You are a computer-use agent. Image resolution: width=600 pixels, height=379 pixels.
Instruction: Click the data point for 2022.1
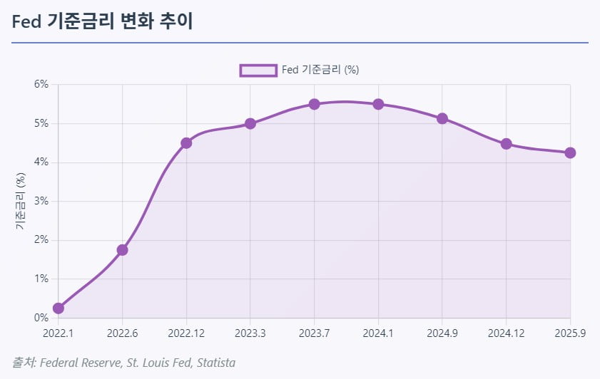pos(59,308)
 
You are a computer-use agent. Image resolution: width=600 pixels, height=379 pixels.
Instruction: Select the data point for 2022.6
pos(122,250)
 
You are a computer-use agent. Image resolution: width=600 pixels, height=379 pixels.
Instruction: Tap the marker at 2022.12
pos(186,142)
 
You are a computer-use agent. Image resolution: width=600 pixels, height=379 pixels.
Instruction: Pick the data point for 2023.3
pos(250,123)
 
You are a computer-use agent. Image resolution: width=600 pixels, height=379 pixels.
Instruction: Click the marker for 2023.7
pos(314,104)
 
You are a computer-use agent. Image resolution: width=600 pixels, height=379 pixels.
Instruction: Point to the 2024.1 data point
pos(378,104)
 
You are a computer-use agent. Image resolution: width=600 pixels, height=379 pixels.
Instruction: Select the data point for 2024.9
pos(442,118)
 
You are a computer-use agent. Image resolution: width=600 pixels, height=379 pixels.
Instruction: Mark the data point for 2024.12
pos(506,144)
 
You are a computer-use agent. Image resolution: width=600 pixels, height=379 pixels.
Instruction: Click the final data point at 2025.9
pos(570,152)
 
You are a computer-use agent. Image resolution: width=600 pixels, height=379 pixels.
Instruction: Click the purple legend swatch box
pos(258,70)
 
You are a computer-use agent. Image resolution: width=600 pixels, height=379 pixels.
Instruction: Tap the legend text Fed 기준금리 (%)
pos(320,70)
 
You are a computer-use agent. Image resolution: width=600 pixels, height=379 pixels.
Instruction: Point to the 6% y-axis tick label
pos(41,84)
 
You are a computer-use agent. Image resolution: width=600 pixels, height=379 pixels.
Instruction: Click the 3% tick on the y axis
pos(41,201)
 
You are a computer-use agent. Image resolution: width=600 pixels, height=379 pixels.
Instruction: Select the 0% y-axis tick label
pos(41,318)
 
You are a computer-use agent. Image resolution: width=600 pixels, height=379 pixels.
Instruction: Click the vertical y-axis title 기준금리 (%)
pos(21,201)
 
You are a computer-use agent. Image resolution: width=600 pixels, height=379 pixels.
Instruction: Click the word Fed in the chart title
pos(27,21)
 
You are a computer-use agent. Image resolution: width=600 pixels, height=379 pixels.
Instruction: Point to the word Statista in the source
pos(215,363)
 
